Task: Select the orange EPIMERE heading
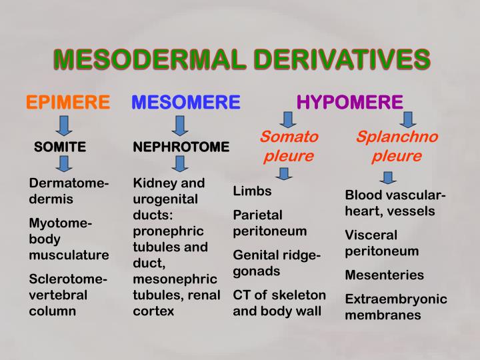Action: click(x=68, y=102)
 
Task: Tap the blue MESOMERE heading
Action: click(x=185, y=102)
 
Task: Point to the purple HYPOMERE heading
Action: click(x=349, y=102)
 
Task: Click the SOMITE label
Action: click(x=60, y=147)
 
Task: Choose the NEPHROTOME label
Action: click(x=181, y=147)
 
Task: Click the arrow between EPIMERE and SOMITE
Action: click(x=65, y=125)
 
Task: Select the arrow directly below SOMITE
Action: click(x=65, y=164)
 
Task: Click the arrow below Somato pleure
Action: click(x=285, y=174)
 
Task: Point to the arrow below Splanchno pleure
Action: click(x=389, y=177)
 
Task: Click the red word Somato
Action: click(x=289, y=137)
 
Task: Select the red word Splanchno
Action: click(x=397, y=137)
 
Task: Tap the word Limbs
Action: click(x=252, y=191)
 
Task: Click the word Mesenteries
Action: click(x=384, y=275)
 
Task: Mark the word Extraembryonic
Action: click(x=396, y=298)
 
